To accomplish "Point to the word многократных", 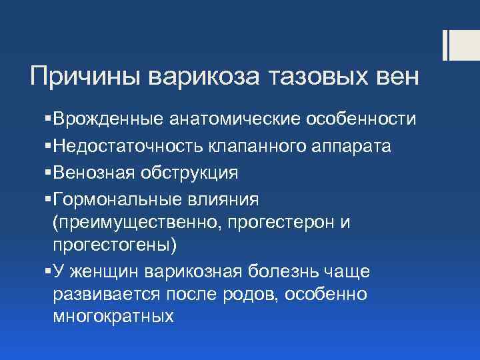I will pos(113,317).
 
